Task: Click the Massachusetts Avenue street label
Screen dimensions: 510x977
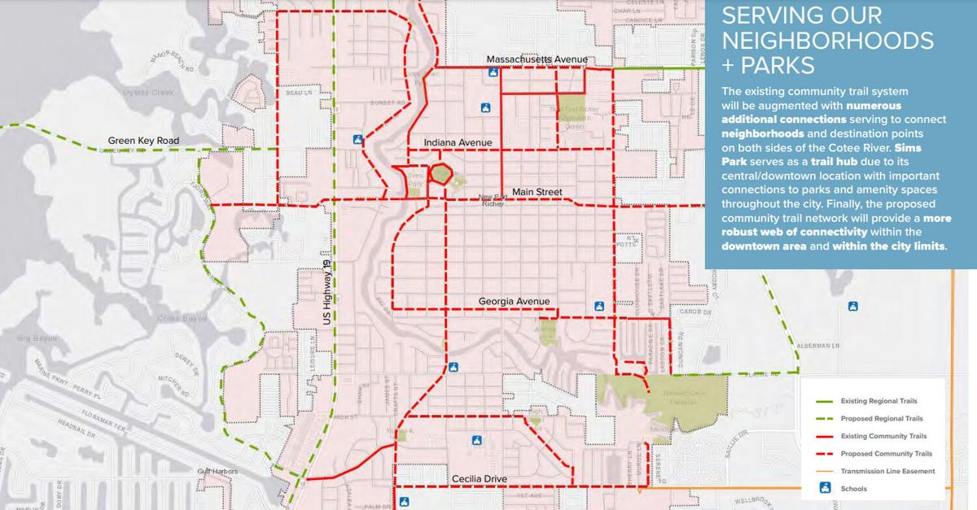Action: point(537,60)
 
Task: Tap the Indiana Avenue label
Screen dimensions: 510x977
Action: point(458,143)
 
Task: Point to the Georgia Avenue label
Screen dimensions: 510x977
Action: point(514,302)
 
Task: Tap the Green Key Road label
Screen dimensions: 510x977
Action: point(143,141)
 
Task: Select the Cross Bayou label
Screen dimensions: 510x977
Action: point(178,318)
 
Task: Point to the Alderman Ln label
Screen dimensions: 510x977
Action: point(817,346)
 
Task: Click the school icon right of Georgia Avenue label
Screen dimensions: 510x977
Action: point(599,306)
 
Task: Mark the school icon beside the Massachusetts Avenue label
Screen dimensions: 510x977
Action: point(493,72)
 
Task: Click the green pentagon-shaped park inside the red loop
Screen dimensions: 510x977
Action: point(440,174)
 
